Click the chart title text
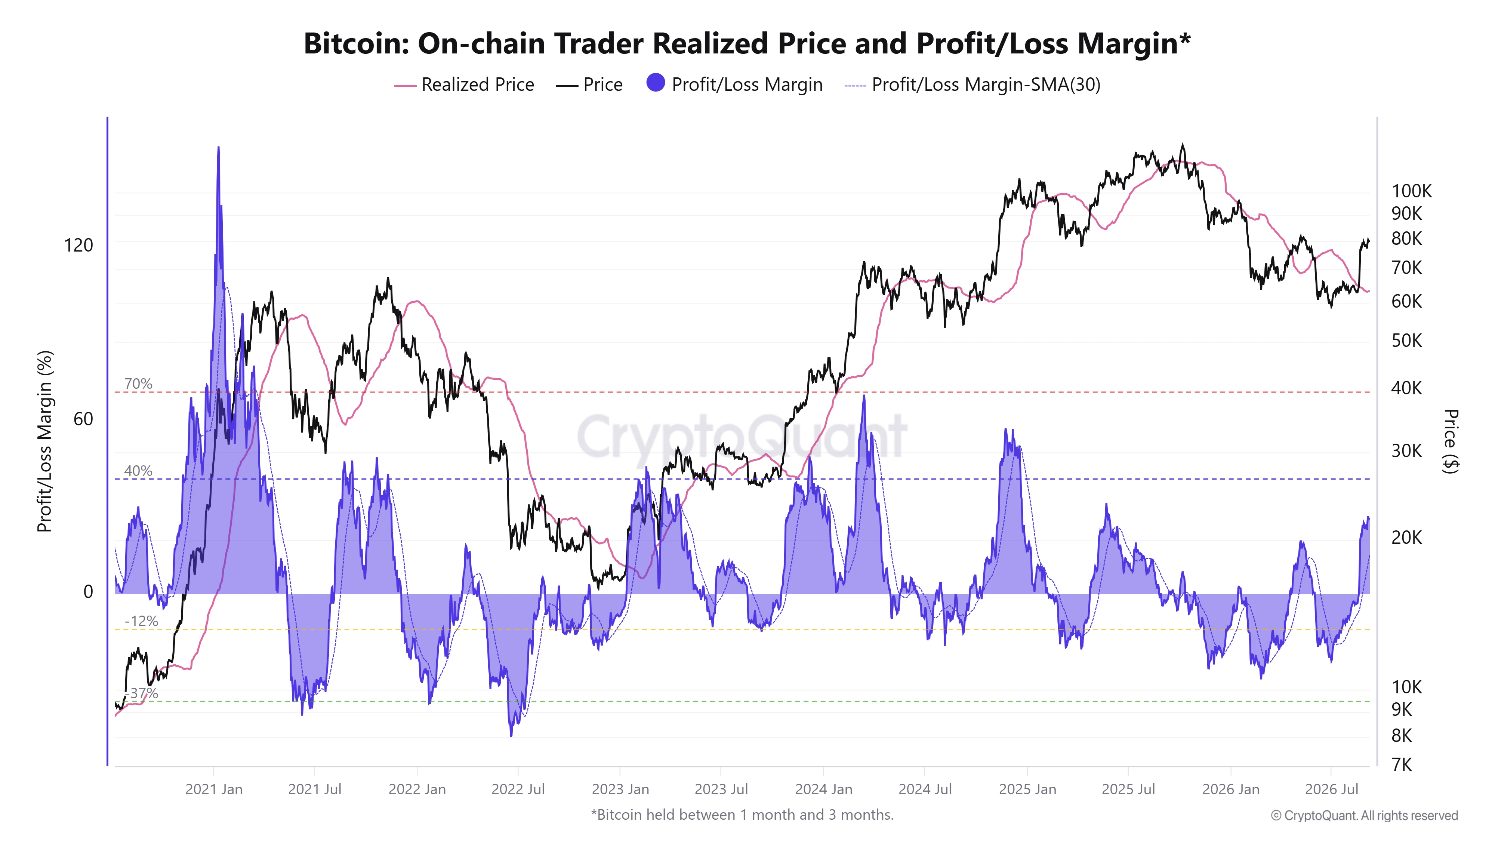tap(747, 43)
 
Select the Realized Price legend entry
tap(464, 85)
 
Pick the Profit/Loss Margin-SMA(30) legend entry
tap(972, 85)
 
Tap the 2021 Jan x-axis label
tap(213, 789)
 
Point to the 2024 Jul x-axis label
tap(925, 789)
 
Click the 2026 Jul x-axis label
tap(1332, 789)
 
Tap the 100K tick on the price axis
tap(1411, 191)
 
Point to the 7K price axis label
tap(1402, 765)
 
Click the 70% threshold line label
tap(138, 383)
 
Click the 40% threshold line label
tap(138, 471)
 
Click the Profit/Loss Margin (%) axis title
tap(45, 441)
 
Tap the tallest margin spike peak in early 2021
tap(218, 147)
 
